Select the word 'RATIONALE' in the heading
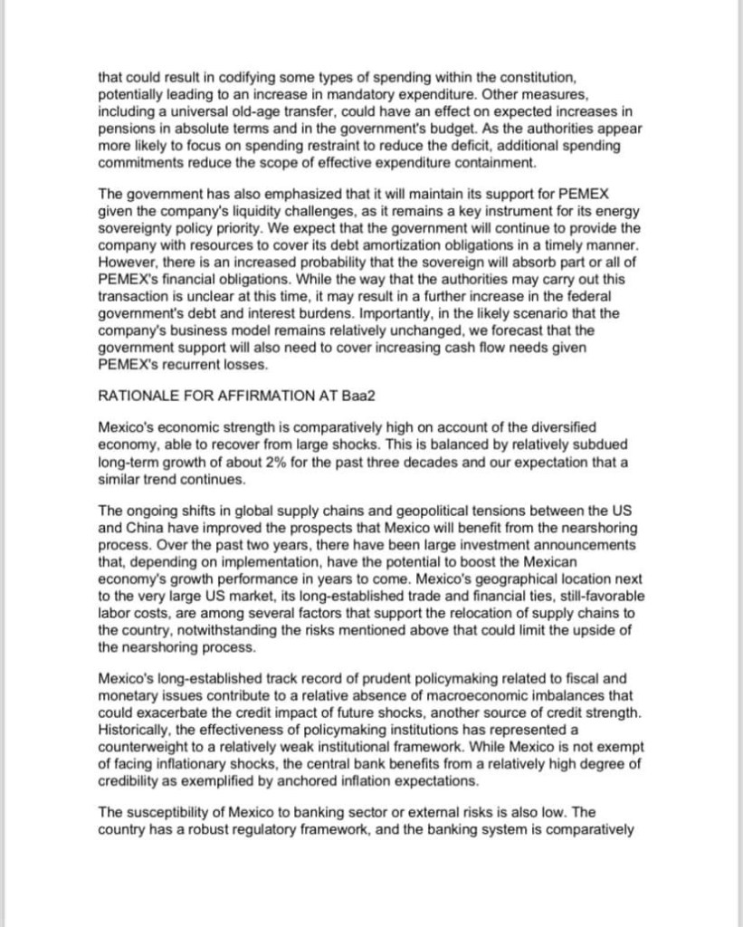click(138, 394)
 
